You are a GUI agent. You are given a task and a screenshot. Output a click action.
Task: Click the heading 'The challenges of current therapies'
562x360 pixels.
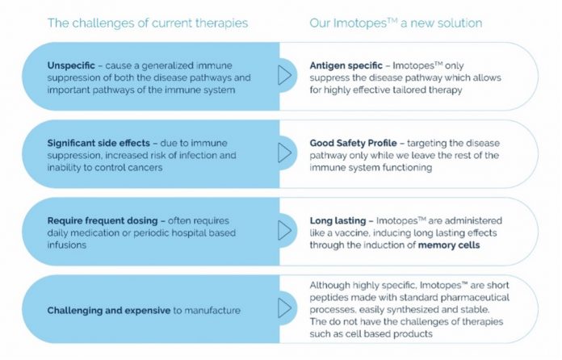pos(148,23)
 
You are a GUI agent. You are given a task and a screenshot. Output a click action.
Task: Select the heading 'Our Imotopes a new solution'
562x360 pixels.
pos(396,23)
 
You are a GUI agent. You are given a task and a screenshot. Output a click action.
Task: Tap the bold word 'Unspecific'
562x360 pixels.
pos(71,66)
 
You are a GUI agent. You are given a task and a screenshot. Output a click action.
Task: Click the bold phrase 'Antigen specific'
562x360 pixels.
pos(346,66)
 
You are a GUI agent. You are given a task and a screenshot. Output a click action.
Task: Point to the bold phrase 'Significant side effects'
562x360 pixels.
pos(99,144)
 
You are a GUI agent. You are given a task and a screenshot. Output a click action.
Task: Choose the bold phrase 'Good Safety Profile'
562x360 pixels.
pos(353,144)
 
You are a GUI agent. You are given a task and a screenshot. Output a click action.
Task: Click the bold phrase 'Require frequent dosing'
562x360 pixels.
pos(103,220)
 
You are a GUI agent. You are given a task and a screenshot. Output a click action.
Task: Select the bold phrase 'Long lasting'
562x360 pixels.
pos(338,220)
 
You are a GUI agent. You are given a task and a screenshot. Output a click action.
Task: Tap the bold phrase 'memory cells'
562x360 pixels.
pos(449,245)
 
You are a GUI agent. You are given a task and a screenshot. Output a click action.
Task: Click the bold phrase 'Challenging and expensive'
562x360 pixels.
pos(109,311)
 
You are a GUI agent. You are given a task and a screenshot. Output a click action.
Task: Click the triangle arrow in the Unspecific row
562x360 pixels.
pos(284,75)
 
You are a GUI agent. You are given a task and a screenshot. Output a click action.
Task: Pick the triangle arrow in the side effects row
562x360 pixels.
pos(284,153)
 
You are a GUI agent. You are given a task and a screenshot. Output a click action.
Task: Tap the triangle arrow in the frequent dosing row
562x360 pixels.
pos(284,230)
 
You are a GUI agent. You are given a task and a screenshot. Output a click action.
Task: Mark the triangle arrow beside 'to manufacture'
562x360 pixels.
pos(284,308)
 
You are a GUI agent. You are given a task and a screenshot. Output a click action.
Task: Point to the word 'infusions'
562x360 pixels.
pos(67,245)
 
